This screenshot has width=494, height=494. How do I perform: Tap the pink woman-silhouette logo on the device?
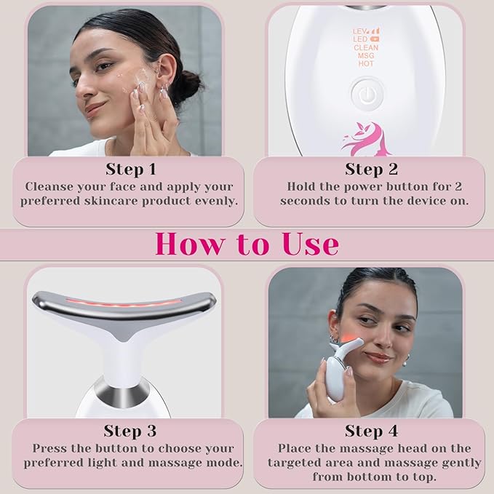(366, 138)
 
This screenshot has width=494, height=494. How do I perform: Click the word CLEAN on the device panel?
(366, 47)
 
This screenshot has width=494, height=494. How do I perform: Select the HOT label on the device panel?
(366, 64)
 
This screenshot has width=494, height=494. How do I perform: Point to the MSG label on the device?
(366, 55)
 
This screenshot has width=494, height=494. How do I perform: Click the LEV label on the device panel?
(358, 31)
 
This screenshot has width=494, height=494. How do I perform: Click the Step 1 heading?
(130, 169)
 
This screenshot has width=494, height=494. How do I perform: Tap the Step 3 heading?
(130, 431)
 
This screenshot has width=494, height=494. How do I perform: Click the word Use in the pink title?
(300, 244)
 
